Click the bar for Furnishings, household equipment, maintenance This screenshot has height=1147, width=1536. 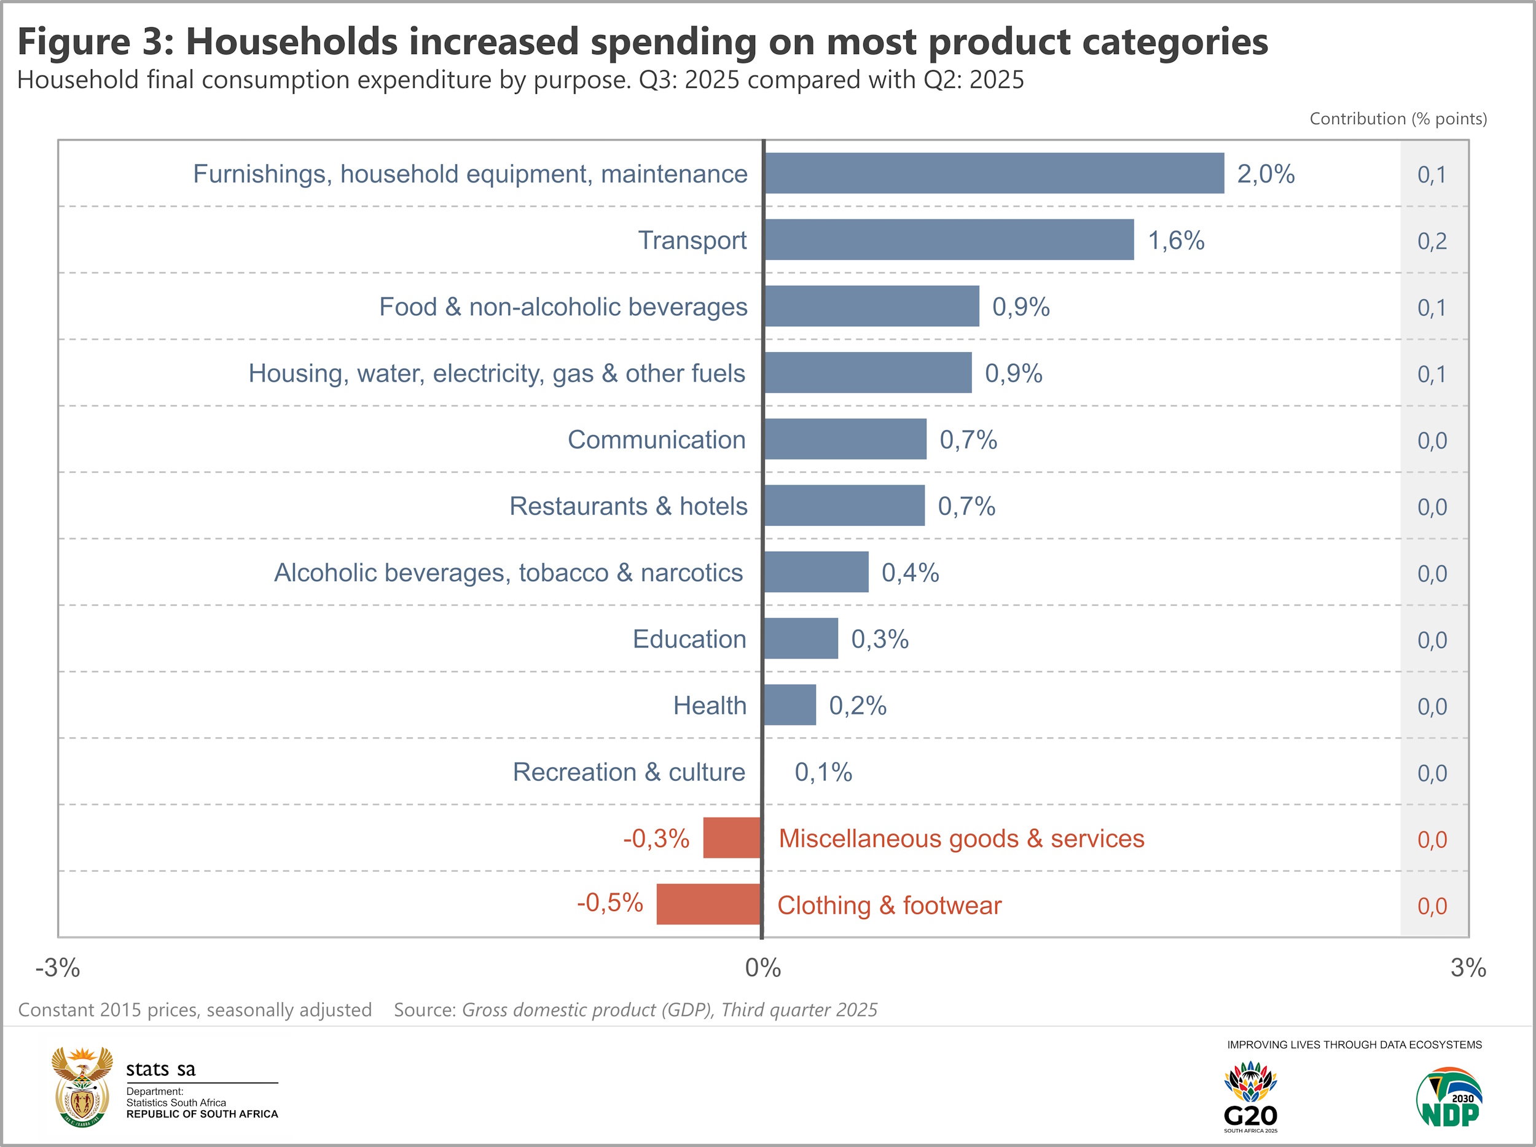993,174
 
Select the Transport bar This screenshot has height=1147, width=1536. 949,240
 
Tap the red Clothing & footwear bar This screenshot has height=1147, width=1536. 708,904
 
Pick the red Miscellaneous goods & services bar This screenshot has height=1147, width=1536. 732,837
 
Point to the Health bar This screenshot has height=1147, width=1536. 790,705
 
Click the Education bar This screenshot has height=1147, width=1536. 801,638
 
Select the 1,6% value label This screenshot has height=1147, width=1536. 1175,240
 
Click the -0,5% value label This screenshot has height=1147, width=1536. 609,902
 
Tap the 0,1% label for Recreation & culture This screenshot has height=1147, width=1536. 823,772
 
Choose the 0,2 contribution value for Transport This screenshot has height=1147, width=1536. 1432,241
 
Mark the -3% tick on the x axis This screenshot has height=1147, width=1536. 58,967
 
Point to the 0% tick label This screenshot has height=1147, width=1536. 762,967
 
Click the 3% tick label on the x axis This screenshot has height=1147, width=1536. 1468,967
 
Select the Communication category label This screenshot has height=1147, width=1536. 656,439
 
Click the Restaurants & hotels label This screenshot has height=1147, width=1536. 628,506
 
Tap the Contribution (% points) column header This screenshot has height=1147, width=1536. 1398,119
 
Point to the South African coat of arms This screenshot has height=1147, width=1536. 82,1087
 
